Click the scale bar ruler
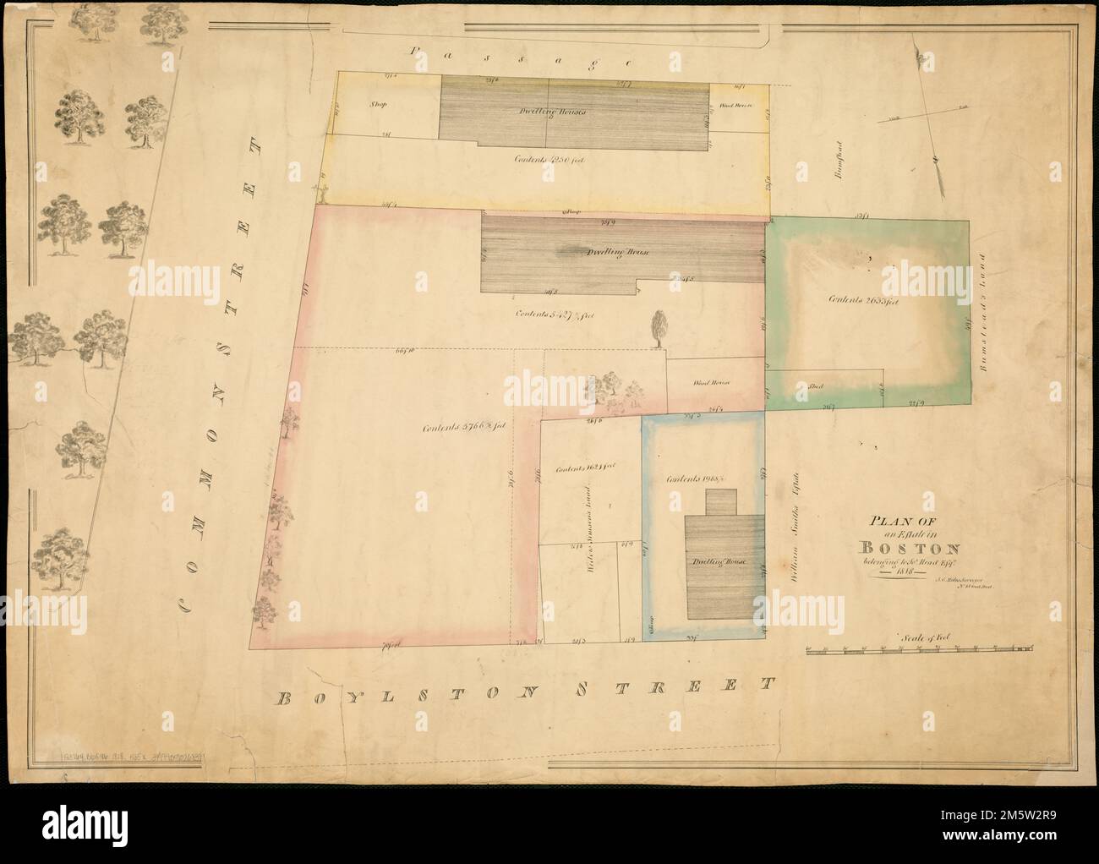(x=919, y=650)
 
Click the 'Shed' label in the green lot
(x=817, y=386)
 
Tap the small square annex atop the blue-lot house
(x=721, y=502)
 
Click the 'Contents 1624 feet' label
(x=584, y=468)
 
